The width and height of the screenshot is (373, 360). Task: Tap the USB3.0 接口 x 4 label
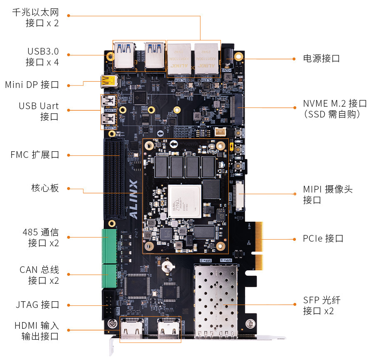pos(43,57)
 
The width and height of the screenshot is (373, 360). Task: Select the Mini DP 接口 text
pos(32,85)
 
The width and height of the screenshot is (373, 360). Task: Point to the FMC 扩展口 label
pos(35,155)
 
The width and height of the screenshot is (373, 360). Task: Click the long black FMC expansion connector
pos(113,179)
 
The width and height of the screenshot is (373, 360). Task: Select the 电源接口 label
pos(321,58)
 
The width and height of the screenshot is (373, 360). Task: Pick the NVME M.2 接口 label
pos(335,108)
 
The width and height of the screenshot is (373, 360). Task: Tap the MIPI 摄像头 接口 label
pos(328,194)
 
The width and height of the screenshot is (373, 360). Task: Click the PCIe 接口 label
pos(323,239)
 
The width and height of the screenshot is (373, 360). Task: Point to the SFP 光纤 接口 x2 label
pos(321,305)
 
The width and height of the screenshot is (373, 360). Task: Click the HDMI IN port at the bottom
pos(168,329)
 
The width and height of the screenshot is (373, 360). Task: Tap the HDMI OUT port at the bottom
pos(132,329)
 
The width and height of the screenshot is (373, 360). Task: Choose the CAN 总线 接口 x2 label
pos(39,275)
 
